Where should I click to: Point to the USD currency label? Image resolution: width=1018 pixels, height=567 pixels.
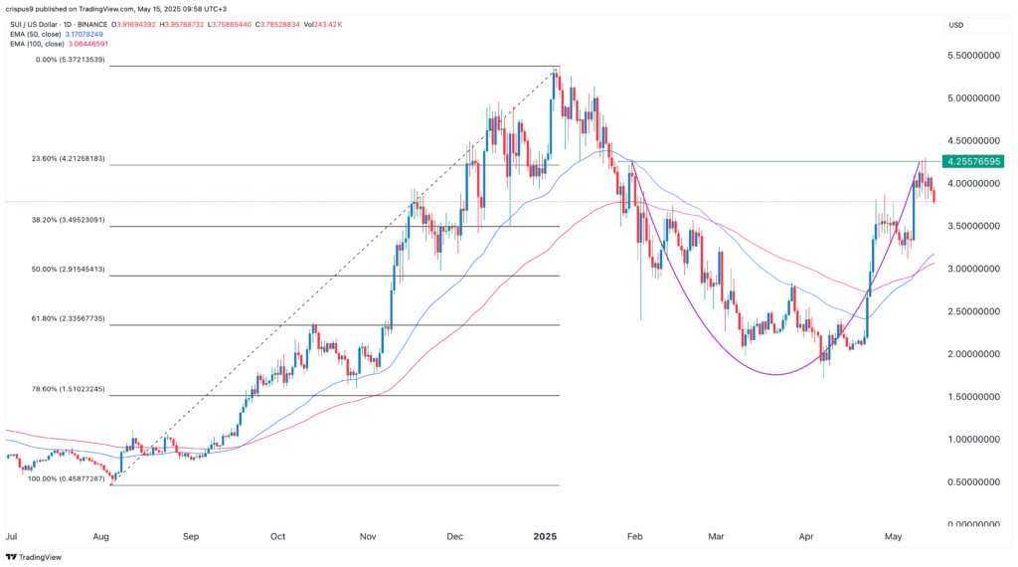[957, 25]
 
